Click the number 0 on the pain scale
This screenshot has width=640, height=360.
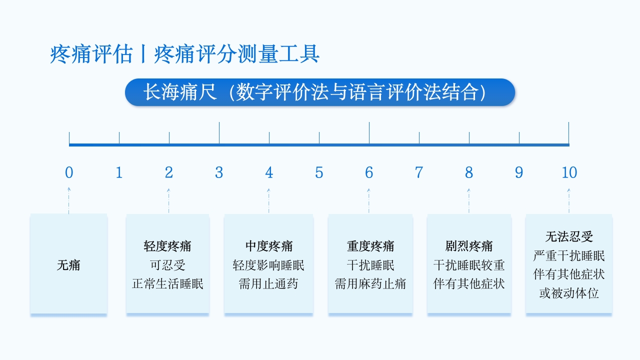click(x=69, y=172)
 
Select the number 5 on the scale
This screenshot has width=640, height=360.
click(x=319, y=172)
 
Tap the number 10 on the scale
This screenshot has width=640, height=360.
click(x=569, y=172)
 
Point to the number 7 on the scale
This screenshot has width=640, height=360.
click(x=419, y=172)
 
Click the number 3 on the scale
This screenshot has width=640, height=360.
click(x=219, y=172)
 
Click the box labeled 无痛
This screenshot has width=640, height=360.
click(x=68, y=264)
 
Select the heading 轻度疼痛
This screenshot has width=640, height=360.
click(x=167, y=246)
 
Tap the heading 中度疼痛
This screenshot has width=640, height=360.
click(x=268, y=246)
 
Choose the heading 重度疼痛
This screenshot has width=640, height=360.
click(x=370, y=246)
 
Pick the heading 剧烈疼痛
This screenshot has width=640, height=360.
click(x=469, y=246)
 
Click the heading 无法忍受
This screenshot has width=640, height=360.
click(x=569, y=236)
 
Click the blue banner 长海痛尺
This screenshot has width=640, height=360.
click(x=320, y=92)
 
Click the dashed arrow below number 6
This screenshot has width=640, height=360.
click(x=369, y=201)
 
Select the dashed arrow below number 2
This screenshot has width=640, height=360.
click(x=168, y=201)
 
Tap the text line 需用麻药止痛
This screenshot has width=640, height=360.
click(x=370, y=284)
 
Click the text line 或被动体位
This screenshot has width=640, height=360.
click(x=569, y=293)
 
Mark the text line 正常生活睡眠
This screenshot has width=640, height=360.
click(x=167, y=284)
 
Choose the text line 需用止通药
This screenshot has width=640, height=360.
click(x=268, y=284)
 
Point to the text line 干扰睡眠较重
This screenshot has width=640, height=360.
click(x=469, y=265)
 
